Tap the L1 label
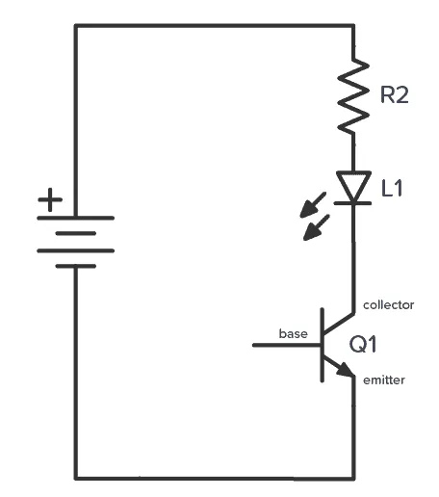(393, 189)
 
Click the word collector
(388, 305)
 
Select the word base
(293, 334)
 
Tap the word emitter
(384, 380)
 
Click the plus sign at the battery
(49, 201)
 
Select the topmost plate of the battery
(75, 218)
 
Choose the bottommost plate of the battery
(75, 266)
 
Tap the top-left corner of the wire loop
(75, 26)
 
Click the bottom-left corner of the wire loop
(75, 477)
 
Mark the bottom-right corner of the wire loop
(355, 477)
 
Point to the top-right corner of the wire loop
(355, 26)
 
